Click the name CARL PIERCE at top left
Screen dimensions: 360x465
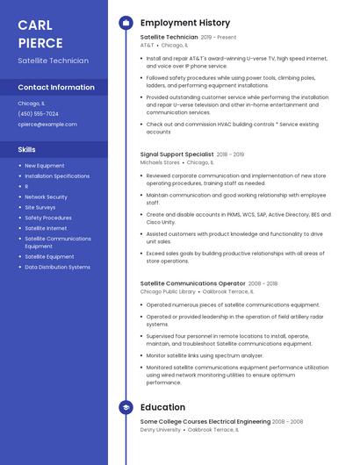tap(40, 33)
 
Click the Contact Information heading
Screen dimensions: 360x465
tap(56, 88)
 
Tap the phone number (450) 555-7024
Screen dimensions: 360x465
tap(38, 114)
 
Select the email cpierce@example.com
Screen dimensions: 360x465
tap(47, 125)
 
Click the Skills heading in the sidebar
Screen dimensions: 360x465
tap(26, 149)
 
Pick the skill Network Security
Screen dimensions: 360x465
tap(46, 197)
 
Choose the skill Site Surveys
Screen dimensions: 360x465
tap(40, 207)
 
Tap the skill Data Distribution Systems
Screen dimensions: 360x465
tap(57, 267)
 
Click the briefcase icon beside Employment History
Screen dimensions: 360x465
tap(126, 23)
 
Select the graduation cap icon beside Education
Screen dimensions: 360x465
tap(126, 407)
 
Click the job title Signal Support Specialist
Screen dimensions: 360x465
tap(176, 154)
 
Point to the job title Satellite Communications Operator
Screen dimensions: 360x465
tap(192, 283)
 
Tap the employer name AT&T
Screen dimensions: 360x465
tap(147, 45)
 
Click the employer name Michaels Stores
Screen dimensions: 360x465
tap(160, 162)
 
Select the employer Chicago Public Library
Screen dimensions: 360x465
tap(167, 291)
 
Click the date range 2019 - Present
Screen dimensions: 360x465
tap(219, 38)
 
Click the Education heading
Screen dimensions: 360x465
tap(162, 407)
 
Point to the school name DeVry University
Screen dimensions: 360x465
tap(160, 430)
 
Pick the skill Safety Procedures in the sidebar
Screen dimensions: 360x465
tap(48, 218)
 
